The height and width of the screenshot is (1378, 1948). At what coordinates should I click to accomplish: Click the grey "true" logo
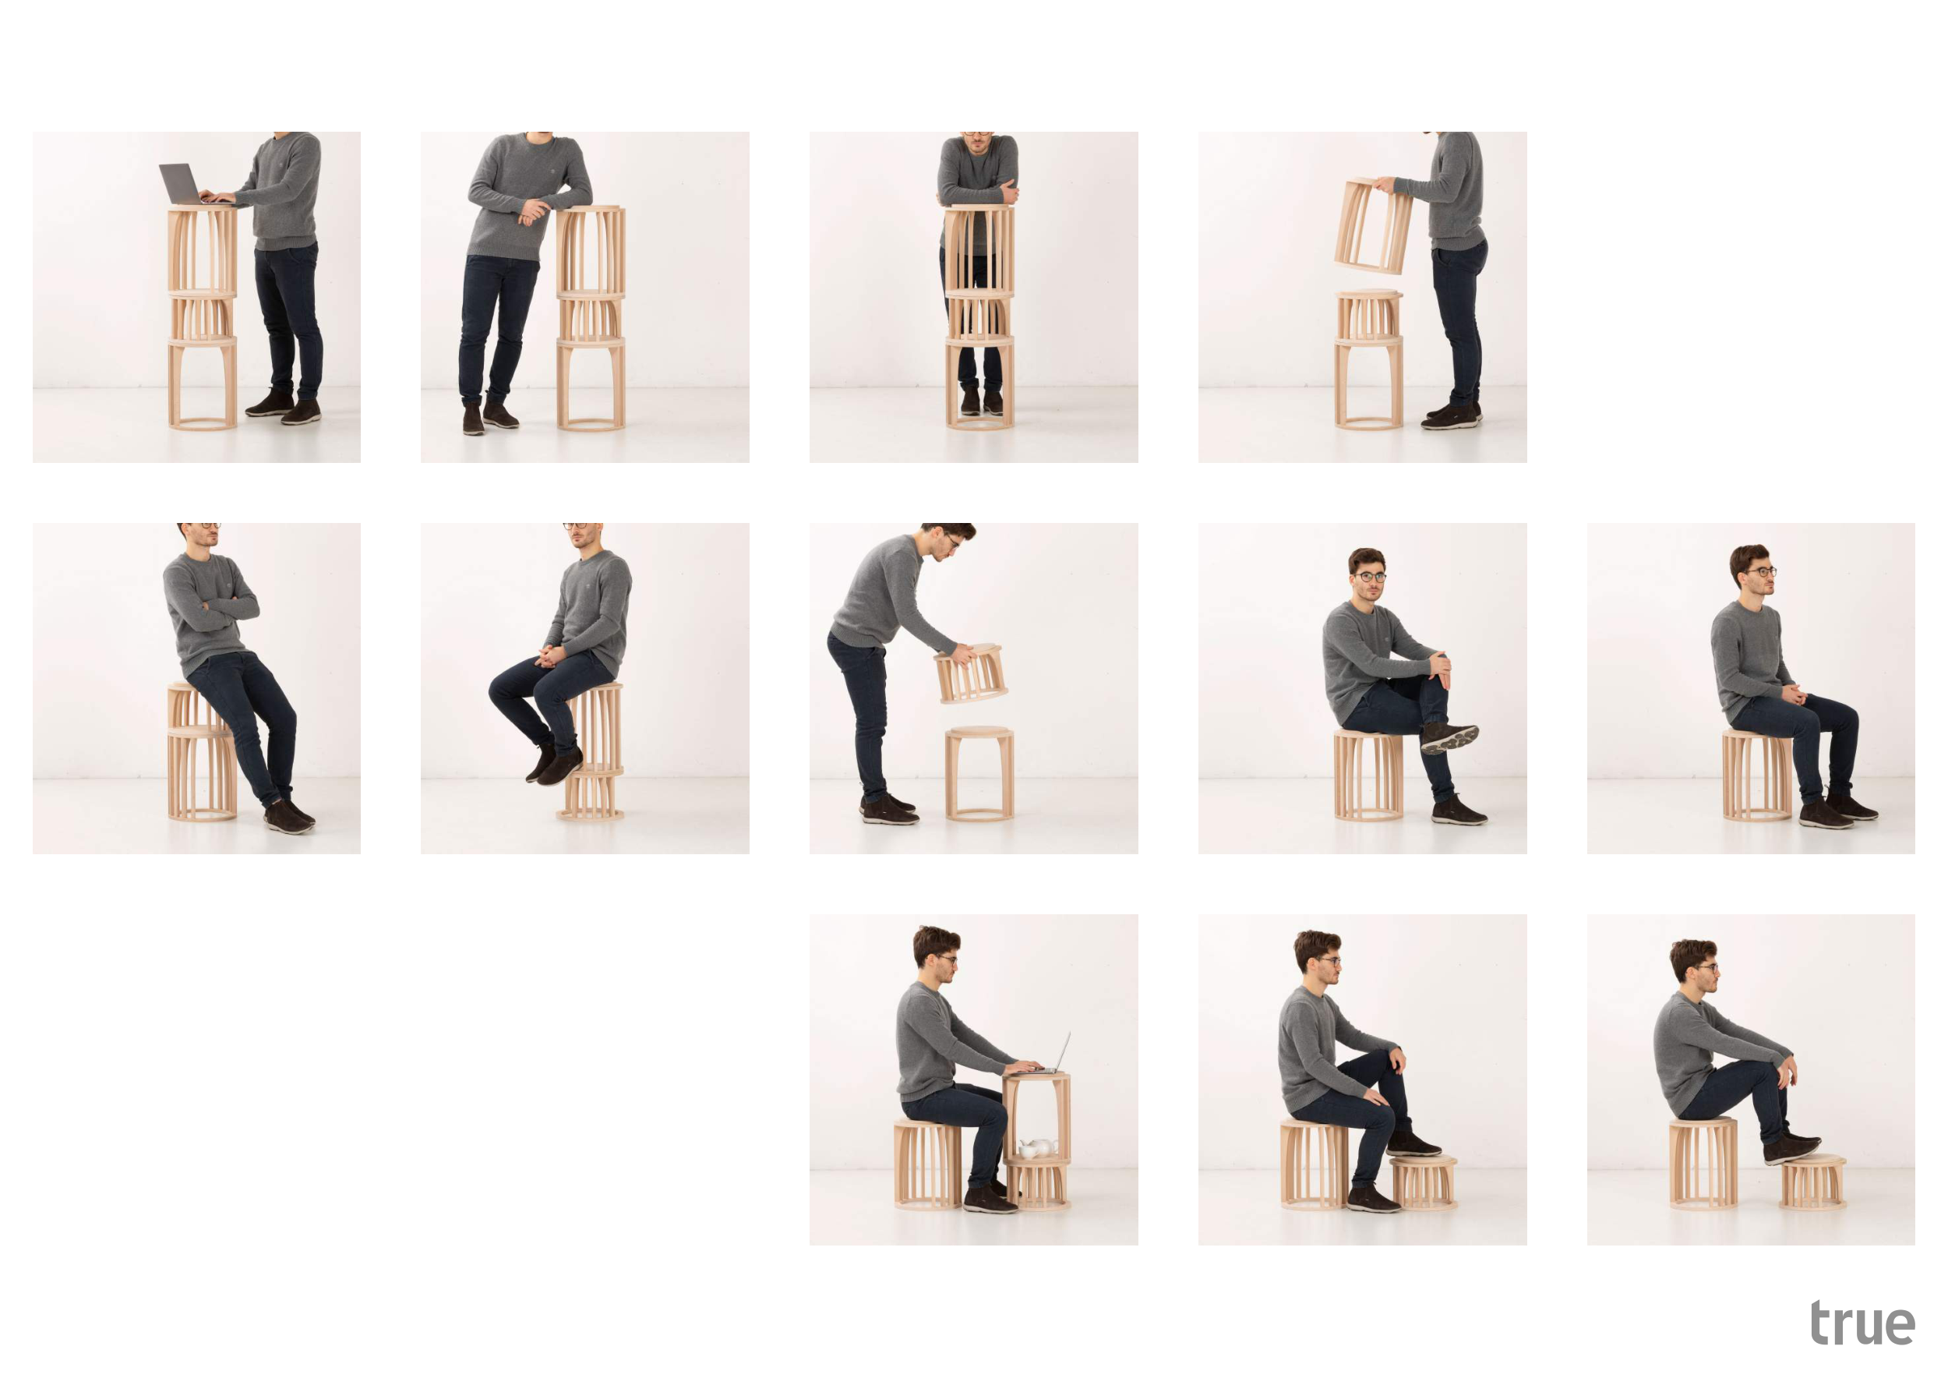pyautogui.click(x=1862, y=1323)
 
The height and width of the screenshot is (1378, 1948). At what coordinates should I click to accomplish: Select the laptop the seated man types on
pyautogui.click(x=1053, y=1055)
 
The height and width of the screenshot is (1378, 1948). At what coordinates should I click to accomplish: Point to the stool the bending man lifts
pyautogui.click(x=971, y=673)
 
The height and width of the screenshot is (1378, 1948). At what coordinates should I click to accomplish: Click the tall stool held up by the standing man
pyautogui.click(x=1374, y=226)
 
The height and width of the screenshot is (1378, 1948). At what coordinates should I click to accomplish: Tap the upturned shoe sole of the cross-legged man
pyautogui.click(x=1450, y=738)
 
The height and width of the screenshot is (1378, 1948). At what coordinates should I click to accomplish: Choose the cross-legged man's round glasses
pyautogui.click(x=1369, y=577)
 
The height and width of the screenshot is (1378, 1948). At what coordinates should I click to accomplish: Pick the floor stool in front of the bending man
pyautogui.click(x=980, y=773)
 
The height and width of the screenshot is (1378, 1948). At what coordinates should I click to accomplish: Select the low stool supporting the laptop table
pyautogui.click(x=1038, y=1183)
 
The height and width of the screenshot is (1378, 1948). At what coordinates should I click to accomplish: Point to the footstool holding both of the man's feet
pyautogui.click(x=1813, y=1181)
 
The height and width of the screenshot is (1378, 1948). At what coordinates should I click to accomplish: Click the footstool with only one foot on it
pyautogui.click(x=1424, y=1182)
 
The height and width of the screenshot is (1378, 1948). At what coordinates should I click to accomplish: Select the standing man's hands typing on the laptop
pyautogui.click(x=217, y=197)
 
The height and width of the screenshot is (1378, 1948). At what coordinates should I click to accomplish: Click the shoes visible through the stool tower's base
pyautogui.click(x=982, y=401)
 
